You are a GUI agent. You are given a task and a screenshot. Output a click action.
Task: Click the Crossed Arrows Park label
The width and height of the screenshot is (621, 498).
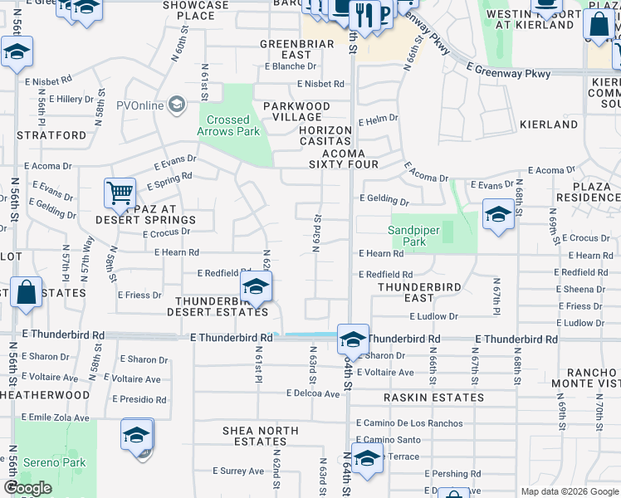(228, 125)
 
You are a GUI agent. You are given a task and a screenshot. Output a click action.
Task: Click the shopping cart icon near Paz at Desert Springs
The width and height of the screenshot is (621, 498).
(120, 194)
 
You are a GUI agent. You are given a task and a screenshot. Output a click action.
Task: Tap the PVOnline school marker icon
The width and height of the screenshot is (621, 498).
(176, 105)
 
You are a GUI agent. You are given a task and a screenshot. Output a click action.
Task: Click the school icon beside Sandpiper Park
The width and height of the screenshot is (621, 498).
(497, 215)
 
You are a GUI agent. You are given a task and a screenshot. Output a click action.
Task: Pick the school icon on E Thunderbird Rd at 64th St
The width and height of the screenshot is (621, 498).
(353, 339)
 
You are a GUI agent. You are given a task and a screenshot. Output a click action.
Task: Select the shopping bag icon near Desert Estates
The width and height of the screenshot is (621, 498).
(27, 293)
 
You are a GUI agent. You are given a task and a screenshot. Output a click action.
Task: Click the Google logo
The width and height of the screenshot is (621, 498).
(27, 488)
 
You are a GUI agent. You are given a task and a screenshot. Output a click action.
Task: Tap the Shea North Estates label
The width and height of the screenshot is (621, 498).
(261, 437)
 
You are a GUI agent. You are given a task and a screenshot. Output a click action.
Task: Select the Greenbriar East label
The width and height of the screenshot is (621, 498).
(296, 49)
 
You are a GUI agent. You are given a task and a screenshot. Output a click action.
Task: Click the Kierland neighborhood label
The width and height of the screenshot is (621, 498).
(548, 124)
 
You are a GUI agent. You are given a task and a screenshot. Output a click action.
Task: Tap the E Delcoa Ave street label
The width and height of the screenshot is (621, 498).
(313, 393)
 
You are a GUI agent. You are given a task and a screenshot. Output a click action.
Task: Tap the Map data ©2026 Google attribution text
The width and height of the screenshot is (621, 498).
(567, 491)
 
